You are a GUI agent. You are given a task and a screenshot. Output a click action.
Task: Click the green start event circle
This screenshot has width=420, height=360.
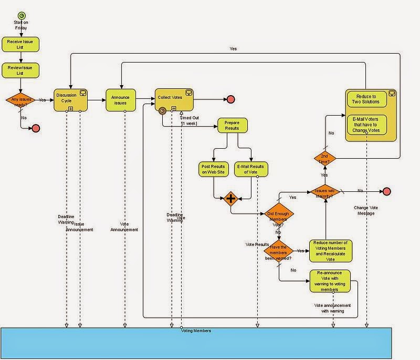[x=21, y=15]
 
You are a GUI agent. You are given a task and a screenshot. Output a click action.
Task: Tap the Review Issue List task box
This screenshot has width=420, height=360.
[x=21, y=70]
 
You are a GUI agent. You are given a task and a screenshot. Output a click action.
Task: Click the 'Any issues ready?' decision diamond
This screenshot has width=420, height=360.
[x=21, y=99]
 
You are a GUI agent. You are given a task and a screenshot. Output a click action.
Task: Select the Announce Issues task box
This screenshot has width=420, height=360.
[x=120, y=99]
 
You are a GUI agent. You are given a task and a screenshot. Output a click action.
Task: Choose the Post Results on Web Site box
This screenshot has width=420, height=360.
[x=214, y=169]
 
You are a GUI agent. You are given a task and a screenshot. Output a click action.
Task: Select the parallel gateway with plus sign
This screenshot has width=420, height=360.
[x=230, y=199]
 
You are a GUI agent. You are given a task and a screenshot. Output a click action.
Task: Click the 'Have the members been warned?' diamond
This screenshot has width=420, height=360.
[x=278, y=251]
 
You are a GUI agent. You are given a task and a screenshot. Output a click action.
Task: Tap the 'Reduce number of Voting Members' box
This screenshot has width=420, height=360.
[x=331, y=251]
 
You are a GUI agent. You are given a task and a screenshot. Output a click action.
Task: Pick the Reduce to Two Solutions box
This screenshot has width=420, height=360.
[x=366, y=99]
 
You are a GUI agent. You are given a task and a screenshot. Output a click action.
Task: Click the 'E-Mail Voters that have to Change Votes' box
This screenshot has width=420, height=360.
[x=366, y=124]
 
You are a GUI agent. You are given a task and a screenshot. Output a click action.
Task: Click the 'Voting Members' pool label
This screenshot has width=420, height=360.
[x=195, y=331]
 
